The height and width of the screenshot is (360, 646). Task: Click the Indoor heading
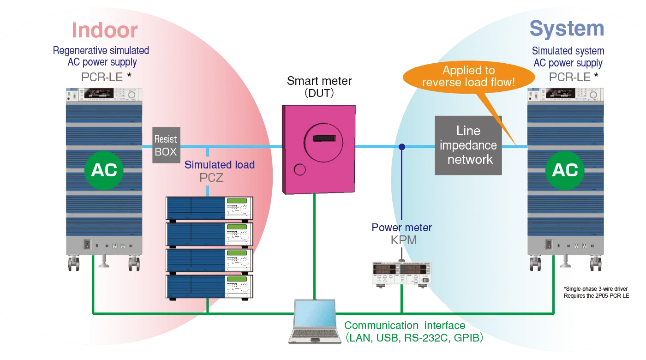[x=104, y=30]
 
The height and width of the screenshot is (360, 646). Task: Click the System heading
[x=567, y=29]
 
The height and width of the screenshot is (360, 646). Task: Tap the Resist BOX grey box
[x=166, y=145]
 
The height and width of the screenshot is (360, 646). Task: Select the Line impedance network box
[x=468, y=145]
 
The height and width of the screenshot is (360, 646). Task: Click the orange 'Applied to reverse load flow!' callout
[x=468, y=77]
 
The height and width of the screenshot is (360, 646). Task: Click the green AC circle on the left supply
[x=104, y=170]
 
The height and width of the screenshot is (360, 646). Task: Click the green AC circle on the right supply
[x=565, y=170]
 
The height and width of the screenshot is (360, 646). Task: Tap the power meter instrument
[x=401, y=273]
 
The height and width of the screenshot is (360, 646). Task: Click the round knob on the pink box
[x=299, y=169]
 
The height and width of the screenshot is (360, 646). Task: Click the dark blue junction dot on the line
[x=402, y=147]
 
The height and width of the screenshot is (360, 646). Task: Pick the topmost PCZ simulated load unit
[x=209, y=208]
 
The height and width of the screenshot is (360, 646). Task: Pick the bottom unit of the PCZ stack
[x=209, y=287]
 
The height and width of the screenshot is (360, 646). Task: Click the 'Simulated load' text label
[x=219, y=165]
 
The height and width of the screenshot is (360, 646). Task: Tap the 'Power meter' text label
[x=401, y=228]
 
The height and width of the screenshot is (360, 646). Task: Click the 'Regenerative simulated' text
[x=101, y=50]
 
